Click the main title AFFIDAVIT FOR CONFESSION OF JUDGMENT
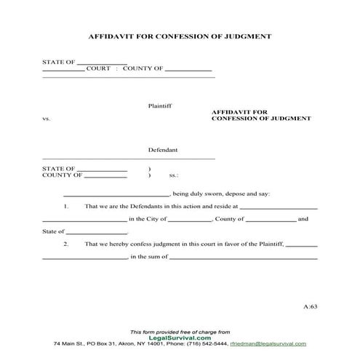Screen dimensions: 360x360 (x=180, y=35)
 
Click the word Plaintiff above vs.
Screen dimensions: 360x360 (x=160, y=105)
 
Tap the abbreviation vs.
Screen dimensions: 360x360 (x=47, y=118)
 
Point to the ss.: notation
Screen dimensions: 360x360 (x=174, y=175)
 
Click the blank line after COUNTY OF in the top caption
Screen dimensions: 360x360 (x=188, y=71)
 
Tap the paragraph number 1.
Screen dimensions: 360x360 (x=66, y=207)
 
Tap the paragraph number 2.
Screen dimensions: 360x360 (x=66, y=244)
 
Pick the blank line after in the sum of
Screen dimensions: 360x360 (x=243, y=257)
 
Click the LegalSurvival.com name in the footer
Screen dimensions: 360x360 (x=180, y=337)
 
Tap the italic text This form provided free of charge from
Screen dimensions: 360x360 (x=180, y=331)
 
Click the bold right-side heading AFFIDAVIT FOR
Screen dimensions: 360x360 (x=234, y=112)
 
